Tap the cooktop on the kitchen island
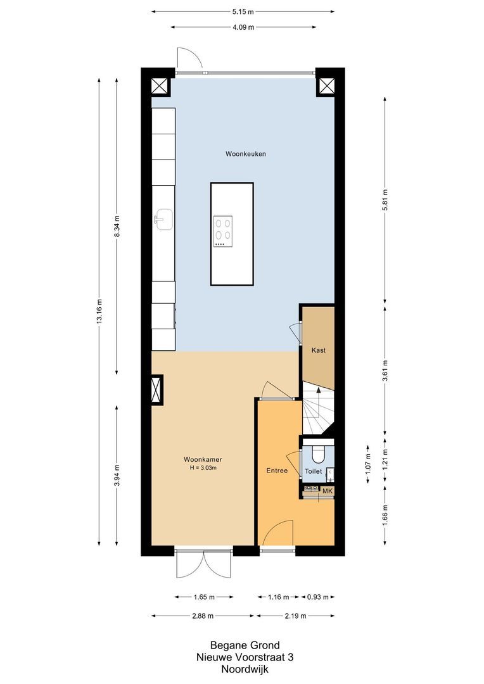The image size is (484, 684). [223, 231]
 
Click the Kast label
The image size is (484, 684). [318, 350]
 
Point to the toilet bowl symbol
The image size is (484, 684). [318, 454]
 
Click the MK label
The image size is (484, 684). [328, 491]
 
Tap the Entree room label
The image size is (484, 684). [276, 471]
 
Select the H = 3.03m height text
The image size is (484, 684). [203, 468]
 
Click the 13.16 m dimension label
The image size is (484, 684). [99, 312]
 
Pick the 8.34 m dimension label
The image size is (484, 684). [117, 226]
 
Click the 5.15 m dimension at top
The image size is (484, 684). [243, 11]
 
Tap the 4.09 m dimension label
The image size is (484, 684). [243, 27]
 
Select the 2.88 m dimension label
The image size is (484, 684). [203, 616]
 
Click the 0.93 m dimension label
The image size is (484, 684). [318, 597]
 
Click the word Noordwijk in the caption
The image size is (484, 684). [244, 668]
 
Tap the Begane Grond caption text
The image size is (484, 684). [244, 646]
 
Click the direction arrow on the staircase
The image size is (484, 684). [318, 394]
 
